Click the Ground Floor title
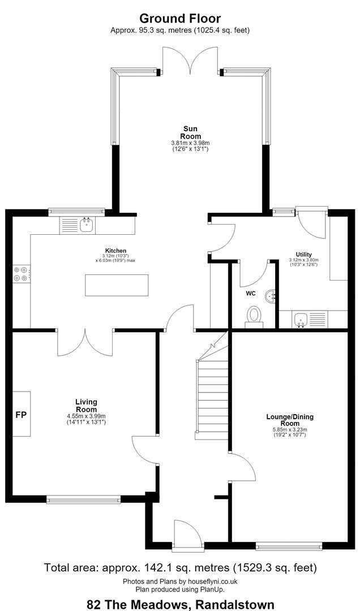coord(180,18)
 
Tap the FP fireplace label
coord(21,415)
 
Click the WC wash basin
coord(270,297)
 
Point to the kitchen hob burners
coord(21,273)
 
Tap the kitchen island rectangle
coord(117,285)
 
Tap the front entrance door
coord(187,534)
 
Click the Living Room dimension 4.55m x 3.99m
coord(86,416)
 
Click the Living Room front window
coord(83,499)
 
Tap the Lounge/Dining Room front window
coord(289,547)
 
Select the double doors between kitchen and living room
coord(85,343)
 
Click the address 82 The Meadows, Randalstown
coord(181,604)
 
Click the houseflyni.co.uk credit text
coord(180,582)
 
